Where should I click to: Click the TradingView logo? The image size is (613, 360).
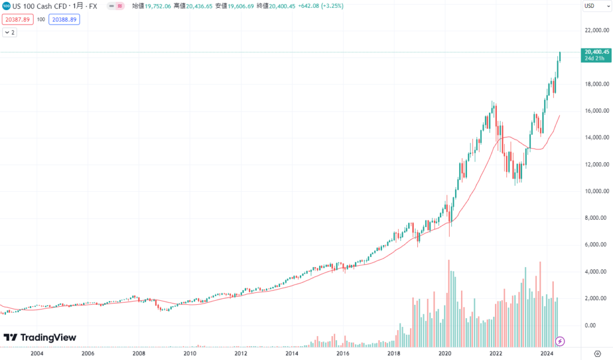[x=40, y=338]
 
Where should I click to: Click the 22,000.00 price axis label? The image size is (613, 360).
[x=597, y=30]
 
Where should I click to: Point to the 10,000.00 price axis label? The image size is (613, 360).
[x=597, y=191]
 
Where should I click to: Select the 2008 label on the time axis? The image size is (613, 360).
[x=139, y=354]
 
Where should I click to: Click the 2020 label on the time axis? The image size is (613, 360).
[x=444, y=354]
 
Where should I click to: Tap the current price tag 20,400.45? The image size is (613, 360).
[x=597, y=52]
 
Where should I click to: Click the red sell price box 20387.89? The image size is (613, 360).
[x=18, y=19]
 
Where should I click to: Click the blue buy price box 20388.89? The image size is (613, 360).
[x=64, y=19]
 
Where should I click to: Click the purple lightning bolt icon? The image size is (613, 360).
[x=560, y=341]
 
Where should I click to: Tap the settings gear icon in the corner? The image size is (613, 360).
[x=597, y=354]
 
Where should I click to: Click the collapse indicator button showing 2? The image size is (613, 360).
[x=10, y=32]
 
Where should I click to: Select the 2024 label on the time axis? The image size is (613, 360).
[x=546, y=354]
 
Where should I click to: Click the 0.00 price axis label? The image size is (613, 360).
[x=600, y=325]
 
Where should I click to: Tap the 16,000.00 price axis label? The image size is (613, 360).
[x=597, y=111]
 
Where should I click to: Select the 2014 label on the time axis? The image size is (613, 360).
[x=292, y=354]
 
